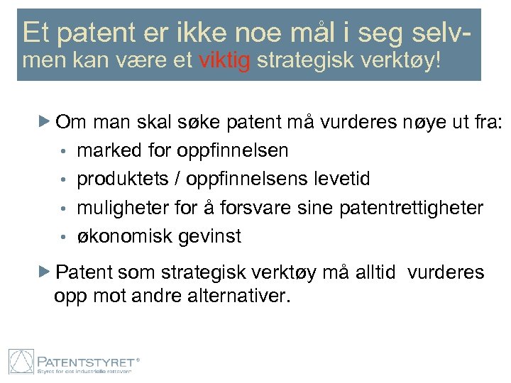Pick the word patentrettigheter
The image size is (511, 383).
(412, 208)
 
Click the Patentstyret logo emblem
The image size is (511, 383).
(21, 360)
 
